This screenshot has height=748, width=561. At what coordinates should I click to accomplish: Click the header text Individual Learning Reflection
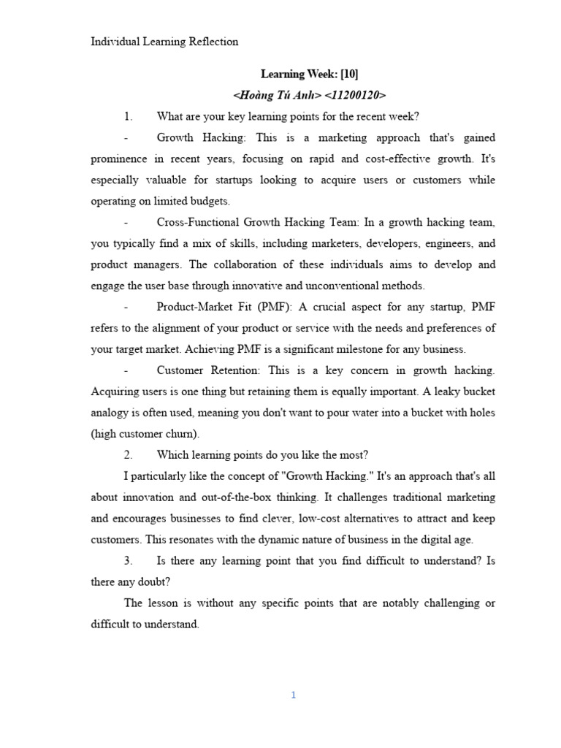[164, 42]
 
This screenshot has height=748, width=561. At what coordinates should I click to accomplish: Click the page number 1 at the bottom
[293, 695]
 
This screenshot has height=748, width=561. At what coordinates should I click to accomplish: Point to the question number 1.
[128, 116]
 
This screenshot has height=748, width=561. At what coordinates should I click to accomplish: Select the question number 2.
[128, 455]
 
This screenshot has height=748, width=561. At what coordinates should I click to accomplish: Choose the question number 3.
[128, 561]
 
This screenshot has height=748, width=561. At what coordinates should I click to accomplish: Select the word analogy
[112, 413]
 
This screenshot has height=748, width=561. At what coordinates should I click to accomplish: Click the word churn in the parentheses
[183, 434]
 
